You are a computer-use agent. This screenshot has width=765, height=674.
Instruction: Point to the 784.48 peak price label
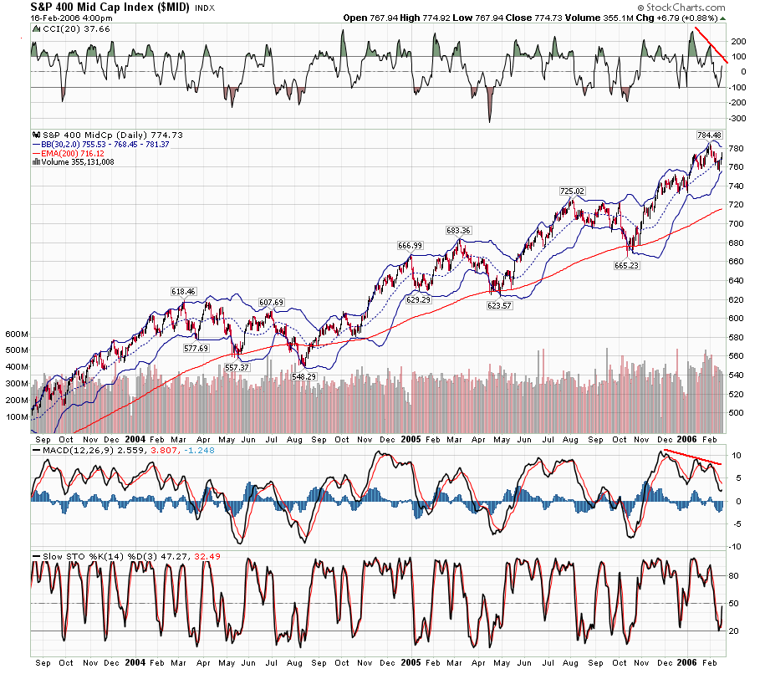point(709,134)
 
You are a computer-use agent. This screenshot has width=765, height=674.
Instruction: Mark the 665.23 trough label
point(627,264)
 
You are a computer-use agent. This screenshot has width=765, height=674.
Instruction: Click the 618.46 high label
point(183,292)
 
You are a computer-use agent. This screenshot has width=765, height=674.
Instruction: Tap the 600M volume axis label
point(18,334)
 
